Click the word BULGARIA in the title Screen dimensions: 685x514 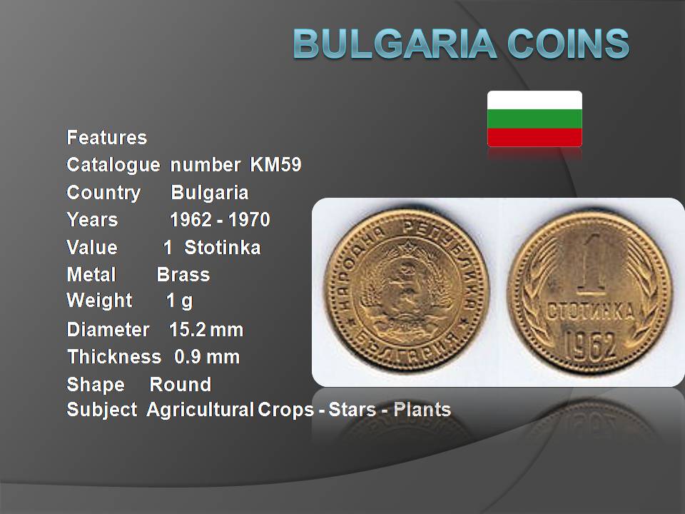394,44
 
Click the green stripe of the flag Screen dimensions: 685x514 534,119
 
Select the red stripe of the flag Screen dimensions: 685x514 534,137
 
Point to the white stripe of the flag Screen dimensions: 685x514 534,100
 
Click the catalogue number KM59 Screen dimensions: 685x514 275,165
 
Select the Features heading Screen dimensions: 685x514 106,137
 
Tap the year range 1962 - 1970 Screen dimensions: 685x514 220,219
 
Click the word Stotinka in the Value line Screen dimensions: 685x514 223,248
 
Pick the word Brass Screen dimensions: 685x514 183,274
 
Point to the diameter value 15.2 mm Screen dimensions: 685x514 205,330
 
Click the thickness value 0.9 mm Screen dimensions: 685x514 207,357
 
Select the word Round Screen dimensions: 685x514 180,385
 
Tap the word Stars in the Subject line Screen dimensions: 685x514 352,410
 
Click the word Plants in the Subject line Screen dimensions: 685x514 422,410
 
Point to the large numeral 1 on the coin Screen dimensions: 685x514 594,264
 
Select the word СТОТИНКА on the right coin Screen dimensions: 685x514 590,312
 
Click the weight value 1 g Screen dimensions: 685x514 179,301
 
